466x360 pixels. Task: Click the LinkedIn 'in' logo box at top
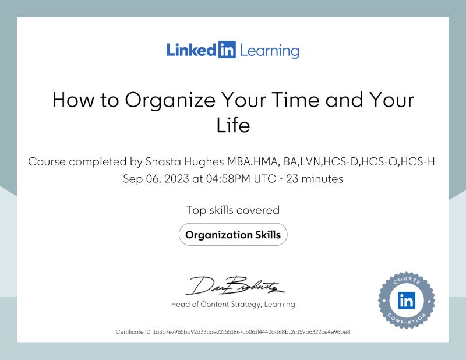tap(226, 50)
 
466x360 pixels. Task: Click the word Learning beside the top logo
tap(269, 51)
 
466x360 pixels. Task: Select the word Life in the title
tap(233, 125)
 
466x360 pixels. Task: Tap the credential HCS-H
tap(421, 161)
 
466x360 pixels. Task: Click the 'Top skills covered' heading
tap(233, 210)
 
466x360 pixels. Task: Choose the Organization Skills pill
tap(233, 235)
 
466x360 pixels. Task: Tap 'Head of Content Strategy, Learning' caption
tap(233, 304)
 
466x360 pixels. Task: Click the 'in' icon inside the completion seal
tap(406, 301)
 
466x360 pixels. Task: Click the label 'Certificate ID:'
tap(133, 332)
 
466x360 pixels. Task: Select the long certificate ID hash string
tap(251, 332)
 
